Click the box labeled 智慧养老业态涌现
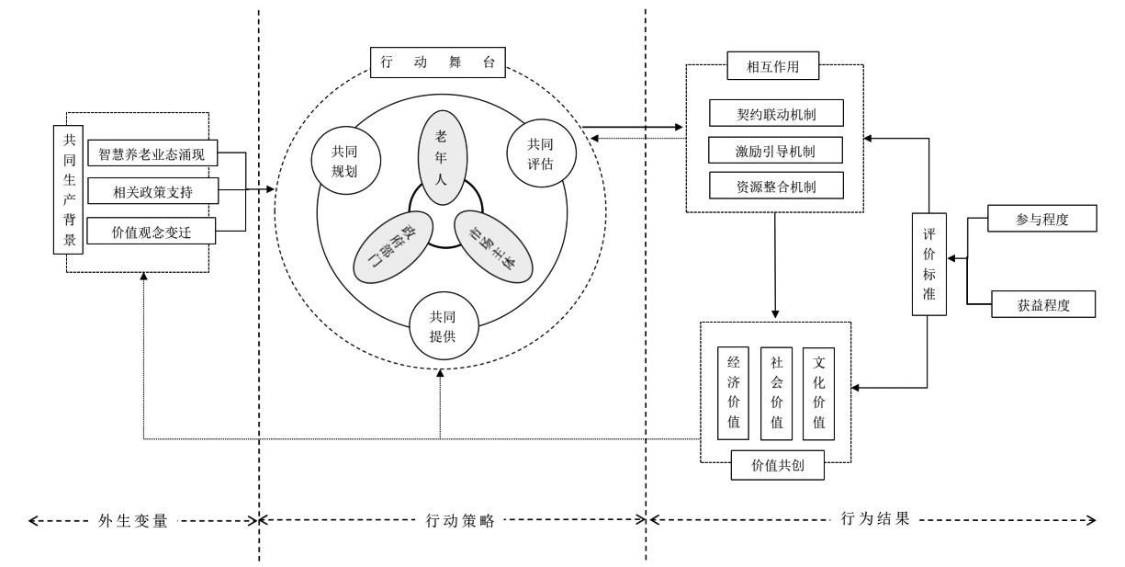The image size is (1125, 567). (152, 153)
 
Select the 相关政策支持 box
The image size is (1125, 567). (152, 191)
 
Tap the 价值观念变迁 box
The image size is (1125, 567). (152, 231)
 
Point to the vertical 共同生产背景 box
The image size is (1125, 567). (67, 190)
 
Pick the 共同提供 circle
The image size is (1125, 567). (442, 324)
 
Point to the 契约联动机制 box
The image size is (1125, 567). (776, 114)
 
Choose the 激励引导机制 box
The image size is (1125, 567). (776, 150)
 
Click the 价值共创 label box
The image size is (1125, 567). (776, 467)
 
